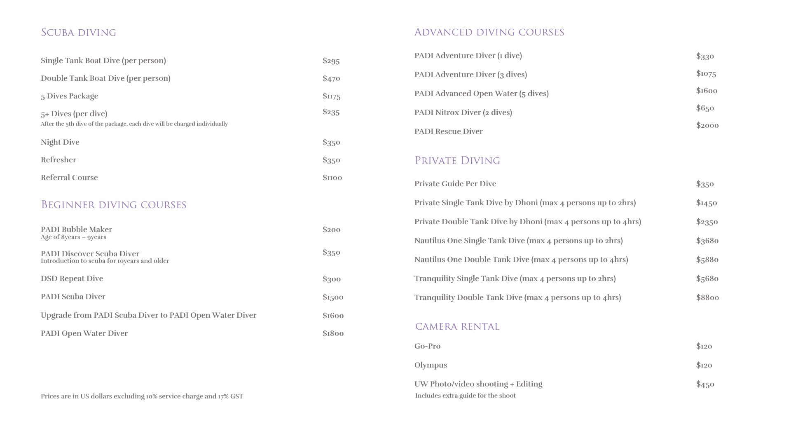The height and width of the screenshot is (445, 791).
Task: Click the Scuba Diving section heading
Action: tap(78, 33)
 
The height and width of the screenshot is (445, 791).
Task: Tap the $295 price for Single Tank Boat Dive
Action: tap(331, 61)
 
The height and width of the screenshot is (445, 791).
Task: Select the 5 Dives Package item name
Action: tap(69, 96)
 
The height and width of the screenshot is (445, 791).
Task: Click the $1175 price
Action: tap(331, 96)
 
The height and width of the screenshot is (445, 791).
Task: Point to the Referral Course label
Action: tap(69, 178)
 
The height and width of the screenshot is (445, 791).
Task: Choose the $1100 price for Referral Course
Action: tap(332, 178)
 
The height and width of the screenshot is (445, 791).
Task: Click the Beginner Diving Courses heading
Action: tap(114, 205)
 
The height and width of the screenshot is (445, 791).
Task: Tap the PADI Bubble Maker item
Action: tap(76, 230)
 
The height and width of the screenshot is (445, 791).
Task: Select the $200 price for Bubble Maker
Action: tap(331, 230)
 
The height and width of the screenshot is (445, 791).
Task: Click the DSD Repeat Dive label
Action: tap(72, 279)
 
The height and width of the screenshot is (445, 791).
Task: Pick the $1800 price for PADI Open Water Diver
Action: tap(333, 333)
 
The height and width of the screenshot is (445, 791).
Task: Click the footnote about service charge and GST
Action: tap(142, 396)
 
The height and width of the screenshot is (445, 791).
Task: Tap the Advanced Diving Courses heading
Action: tap(489, 32)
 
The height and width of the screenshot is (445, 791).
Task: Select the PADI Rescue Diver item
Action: tap(448, 131)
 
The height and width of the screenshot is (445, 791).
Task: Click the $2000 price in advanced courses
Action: tap(707, 125)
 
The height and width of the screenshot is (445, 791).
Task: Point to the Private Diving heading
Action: tap(457, 161)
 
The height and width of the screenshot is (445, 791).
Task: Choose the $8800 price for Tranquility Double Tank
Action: tap(707, 297)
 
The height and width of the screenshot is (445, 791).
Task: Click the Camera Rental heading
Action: tap(457, 327)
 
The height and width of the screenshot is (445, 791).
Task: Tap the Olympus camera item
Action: tap(431, 365)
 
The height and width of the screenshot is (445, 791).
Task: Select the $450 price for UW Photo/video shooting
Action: tap(705, 384)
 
